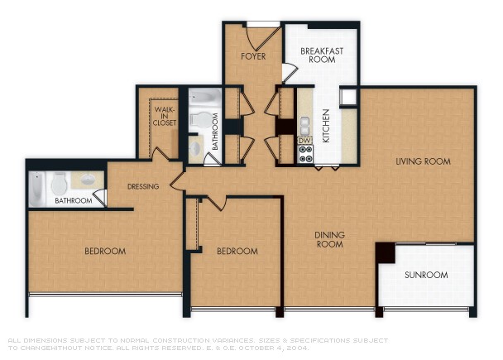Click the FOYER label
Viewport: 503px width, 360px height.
click(252, 57)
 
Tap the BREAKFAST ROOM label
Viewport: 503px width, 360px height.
click(321, 55)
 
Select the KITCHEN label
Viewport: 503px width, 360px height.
click(326, 126)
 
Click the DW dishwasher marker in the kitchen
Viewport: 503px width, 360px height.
click(304, 141)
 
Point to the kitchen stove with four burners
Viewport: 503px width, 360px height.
click(304, 154)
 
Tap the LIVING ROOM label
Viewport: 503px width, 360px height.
click(422, 161)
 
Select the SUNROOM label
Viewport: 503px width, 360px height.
click(425, 275)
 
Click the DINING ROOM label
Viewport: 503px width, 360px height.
click(329, 240)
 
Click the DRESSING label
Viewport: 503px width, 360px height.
click(143, 186)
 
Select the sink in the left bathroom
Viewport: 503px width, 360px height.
click(85, 179)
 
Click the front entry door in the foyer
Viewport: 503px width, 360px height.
click(265, 36)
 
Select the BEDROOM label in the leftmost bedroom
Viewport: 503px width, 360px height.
click(105, 251)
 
